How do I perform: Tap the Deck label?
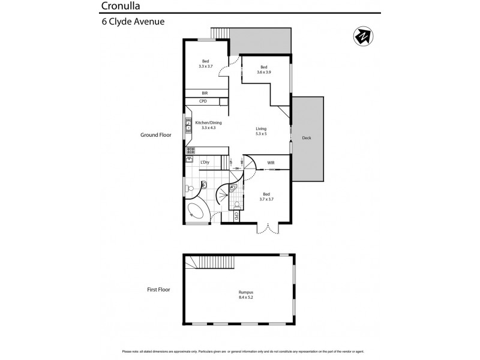tap(307, 138)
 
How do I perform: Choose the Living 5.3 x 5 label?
tap(261, 131)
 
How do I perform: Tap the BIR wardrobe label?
tap(205, 93)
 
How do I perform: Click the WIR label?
tap(271, 163)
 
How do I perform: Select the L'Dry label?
tap(205, 162)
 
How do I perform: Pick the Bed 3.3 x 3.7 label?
tap(206, 64)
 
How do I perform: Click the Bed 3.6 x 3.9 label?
tap(263, 69)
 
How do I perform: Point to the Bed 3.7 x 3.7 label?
tap(267, 196)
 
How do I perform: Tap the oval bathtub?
tap(196, 211)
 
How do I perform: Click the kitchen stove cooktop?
tap(190, 151)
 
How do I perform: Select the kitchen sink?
tap(188, 125)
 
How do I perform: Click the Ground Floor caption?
tap(156, 135)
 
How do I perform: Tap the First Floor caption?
tap(158, 289)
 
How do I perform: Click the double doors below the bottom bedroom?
tap(268, 228)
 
